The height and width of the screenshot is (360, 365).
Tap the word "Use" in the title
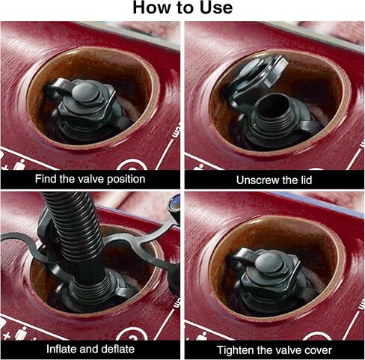(216, 7)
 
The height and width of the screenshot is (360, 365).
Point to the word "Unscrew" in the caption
(257, 180)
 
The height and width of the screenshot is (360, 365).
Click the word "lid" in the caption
(306, 180)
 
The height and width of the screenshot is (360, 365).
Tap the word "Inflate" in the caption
(62, 349)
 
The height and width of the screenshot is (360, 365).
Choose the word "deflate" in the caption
(117, 349)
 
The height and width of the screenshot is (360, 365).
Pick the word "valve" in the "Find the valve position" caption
(91, 179)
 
